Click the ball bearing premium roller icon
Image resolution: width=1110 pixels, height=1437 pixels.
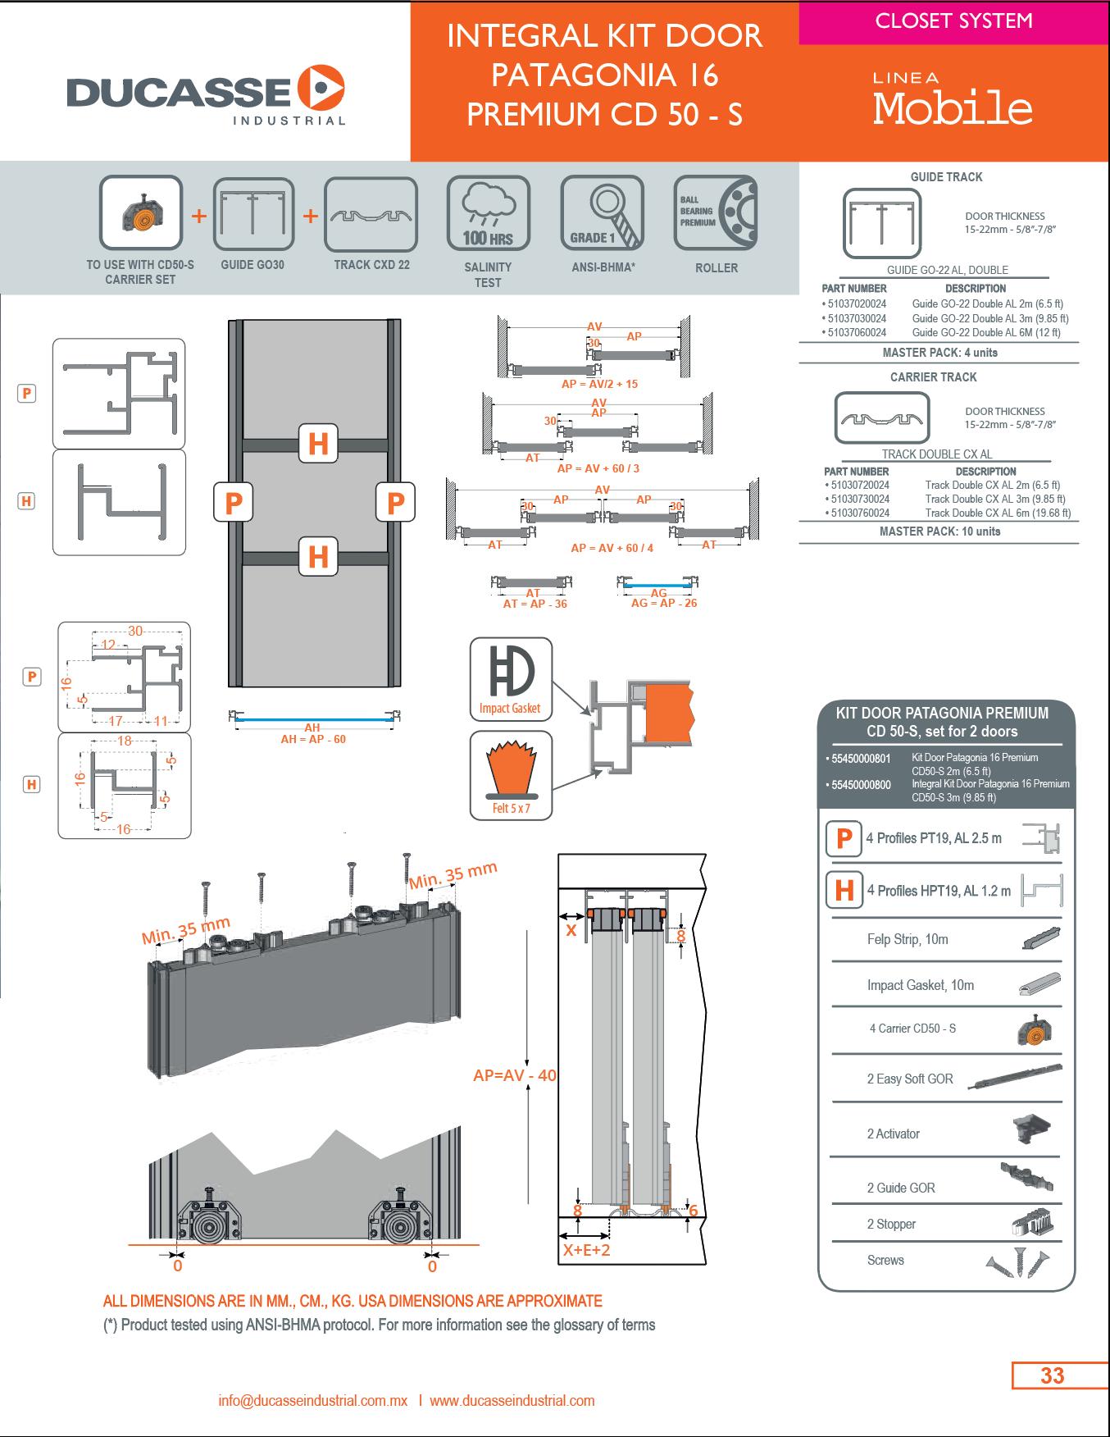[715, 213]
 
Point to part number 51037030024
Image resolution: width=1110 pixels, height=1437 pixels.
[856, 318]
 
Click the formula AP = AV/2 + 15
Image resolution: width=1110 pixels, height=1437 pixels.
[599, 384]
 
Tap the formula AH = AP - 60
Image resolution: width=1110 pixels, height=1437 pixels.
[313, 739]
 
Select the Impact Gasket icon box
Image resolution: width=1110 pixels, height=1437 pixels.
[510, 679]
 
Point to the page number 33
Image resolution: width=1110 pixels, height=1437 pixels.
[1052, 1375]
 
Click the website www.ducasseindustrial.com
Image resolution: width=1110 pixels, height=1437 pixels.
[512, 1401]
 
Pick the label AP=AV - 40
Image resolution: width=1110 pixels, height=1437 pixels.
[515, 1075]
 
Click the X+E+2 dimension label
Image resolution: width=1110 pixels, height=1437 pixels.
[586, 1250]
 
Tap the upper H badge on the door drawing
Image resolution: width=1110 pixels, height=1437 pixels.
[318, 444]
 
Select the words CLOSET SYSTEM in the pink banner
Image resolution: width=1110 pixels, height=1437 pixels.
[953, 21]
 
